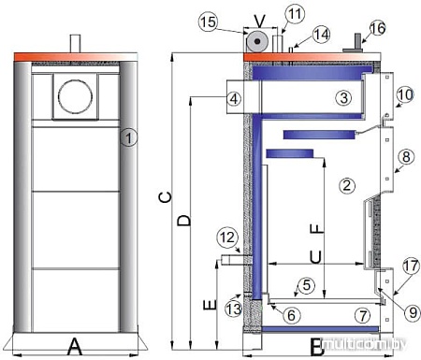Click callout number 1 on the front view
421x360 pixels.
tap(130, 138)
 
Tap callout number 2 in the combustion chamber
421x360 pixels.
tap(346, 185)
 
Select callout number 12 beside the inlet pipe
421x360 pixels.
tap(229, 238)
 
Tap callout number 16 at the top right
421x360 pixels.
tap(403, 28)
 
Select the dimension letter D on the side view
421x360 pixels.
tap(184, 221)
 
